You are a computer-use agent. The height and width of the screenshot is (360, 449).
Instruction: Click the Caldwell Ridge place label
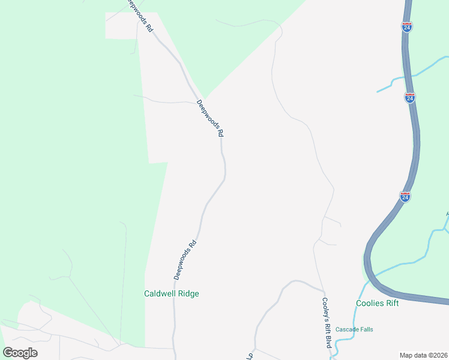(171, 294)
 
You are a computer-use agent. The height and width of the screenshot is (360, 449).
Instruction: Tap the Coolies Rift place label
(377, 303)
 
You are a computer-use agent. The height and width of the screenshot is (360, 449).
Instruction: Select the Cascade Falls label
(354, 329)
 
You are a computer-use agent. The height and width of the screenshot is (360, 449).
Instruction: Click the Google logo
(20, 352)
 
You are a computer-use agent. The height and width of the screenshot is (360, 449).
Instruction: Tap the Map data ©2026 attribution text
(423, 355)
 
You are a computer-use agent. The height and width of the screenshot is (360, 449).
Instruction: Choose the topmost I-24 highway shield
(407, 27)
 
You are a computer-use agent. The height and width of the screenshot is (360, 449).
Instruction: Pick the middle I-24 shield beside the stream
(409, 98)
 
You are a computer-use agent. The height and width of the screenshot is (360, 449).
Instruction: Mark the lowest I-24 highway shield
(405, 197)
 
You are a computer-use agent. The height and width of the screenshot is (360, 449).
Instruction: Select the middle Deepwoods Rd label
(210, 118)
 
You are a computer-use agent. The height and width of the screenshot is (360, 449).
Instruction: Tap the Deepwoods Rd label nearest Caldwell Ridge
(185, 260)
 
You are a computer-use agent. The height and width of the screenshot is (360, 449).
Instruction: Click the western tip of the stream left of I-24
(378, 92)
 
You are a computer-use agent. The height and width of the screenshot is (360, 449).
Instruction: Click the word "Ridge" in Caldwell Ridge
(187, 294)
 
